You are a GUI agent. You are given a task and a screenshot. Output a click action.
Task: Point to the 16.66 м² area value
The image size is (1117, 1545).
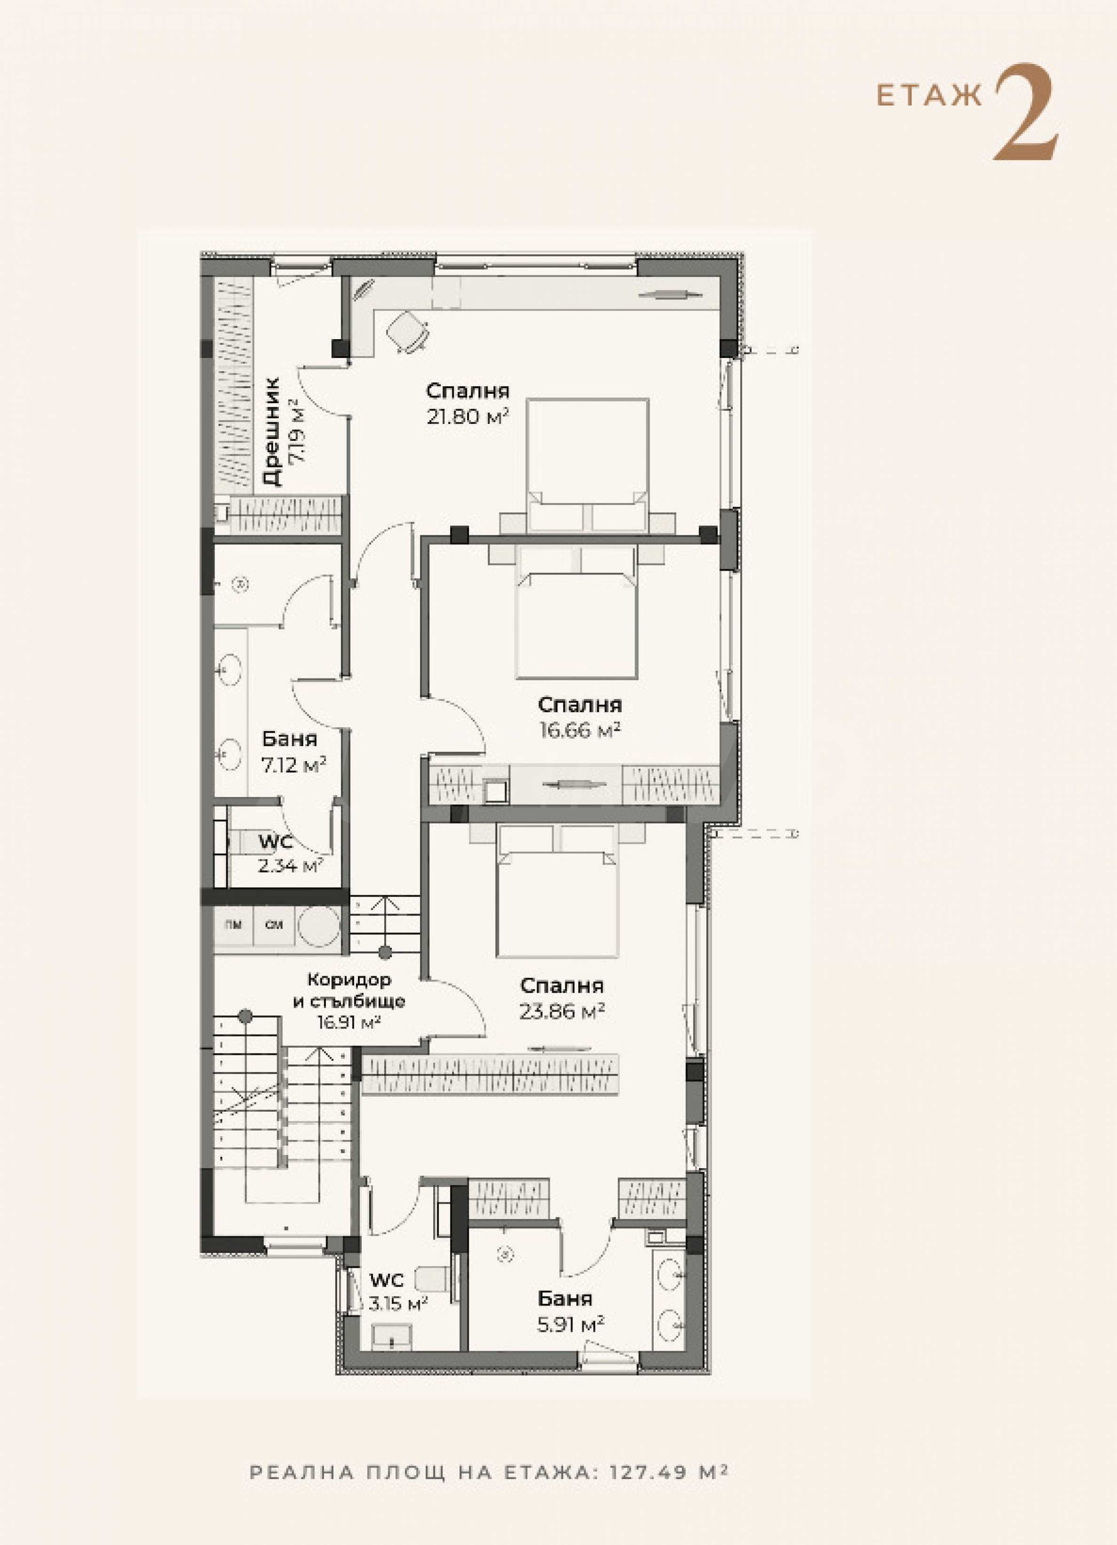[x=580, y=730]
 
